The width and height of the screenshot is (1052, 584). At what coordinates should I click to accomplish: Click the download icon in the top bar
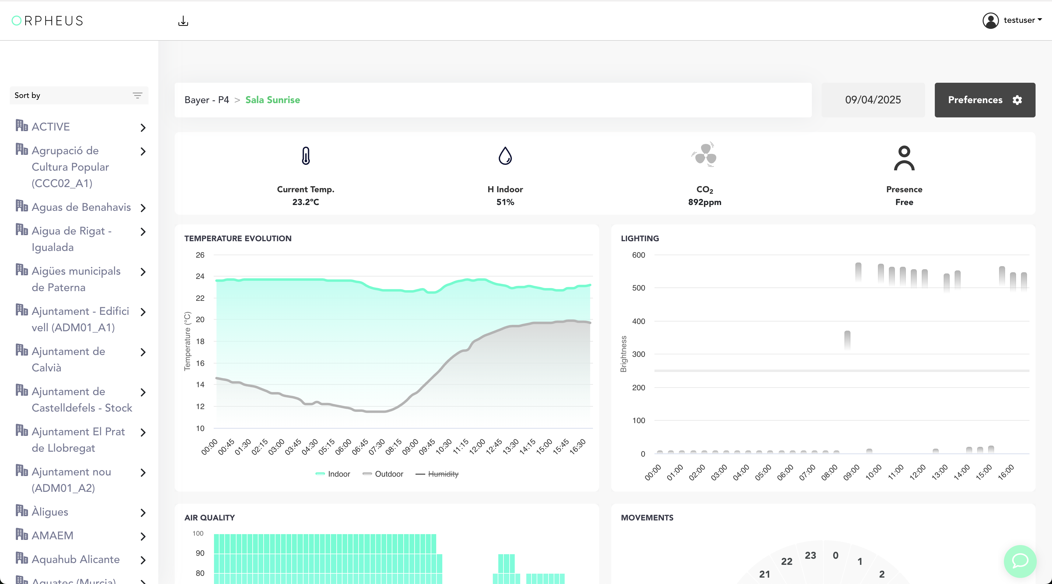(x=183, y=21)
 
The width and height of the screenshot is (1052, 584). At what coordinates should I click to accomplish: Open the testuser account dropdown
(x=1012, y=20)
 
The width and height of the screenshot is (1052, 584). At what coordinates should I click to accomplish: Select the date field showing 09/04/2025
(x=873, y=100)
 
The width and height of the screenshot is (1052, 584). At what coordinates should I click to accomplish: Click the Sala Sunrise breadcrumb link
(x=272, y=100)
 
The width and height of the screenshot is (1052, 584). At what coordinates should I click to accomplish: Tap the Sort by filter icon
(x=138, y=96)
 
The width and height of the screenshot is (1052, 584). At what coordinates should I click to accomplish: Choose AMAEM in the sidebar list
(x=52, y=535)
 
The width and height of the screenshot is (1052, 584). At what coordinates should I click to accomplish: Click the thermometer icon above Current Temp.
(x=306, y=155)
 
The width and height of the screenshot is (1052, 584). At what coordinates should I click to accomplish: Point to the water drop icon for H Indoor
(x=505, y=155)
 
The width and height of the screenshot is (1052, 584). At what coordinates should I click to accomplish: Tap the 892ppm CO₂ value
(x=704, y=202)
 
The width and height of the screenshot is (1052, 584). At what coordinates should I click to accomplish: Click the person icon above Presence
(x=904, y=158)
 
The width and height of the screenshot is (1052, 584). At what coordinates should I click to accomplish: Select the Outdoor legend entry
(x=383, y=474)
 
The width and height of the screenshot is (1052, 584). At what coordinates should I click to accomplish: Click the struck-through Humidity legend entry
(x=437, y=474)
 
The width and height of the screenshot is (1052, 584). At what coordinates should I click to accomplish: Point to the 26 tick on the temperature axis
(x=200, y=255)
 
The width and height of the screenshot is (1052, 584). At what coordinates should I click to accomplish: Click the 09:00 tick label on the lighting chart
(x=851, y=473)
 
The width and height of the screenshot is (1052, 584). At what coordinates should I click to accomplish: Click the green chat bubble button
(x=1020, y=561)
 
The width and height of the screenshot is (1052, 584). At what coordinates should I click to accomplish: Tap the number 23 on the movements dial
(x=810, y=555)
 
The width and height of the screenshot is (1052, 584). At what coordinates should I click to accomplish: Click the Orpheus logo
(x=47, y=21)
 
